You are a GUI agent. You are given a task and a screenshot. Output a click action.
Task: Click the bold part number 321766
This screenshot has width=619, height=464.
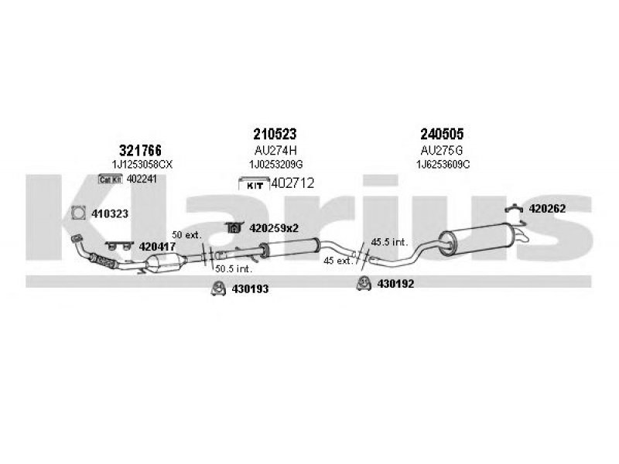140,150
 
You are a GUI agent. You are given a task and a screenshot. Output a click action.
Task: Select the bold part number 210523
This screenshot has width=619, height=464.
275,134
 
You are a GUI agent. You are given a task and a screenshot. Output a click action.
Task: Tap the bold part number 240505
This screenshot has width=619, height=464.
442,134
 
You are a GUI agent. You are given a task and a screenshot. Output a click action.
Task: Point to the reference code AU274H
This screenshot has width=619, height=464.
275,150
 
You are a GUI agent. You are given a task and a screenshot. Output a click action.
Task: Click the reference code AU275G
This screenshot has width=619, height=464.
442,150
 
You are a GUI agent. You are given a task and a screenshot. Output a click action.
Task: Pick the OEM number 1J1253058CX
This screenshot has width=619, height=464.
142,165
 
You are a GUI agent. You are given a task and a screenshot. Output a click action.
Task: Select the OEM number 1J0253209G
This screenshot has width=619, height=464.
276,164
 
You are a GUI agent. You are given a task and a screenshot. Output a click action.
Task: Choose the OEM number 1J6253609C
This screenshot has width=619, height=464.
443,164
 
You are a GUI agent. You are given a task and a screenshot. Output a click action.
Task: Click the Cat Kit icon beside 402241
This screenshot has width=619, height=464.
111,179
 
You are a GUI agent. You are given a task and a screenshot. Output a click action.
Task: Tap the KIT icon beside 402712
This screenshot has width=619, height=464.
255,185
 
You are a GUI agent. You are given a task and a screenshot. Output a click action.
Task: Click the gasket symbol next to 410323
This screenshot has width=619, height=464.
79,213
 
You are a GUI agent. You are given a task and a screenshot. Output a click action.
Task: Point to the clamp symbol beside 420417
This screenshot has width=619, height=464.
119,246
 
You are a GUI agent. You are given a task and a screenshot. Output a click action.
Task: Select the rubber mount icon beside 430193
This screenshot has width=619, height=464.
218,288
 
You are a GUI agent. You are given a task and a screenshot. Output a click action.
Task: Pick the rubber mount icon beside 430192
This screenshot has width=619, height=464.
363,283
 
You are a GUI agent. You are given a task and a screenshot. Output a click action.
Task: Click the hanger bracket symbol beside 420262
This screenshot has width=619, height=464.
514,208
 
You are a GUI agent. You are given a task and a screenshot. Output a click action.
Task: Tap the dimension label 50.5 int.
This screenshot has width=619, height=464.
234,269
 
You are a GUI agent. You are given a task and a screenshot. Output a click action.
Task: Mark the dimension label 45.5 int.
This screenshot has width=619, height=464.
389,242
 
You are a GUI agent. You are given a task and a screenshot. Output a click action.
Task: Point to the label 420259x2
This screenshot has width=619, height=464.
274,228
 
